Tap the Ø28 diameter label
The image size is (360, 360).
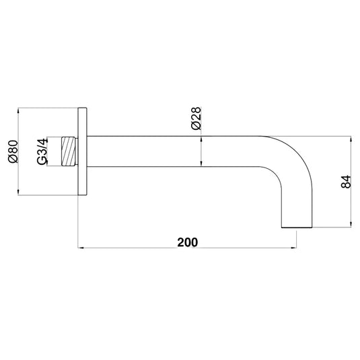[x=196, y=116]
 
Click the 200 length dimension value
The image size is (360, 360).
[x=188, y=241]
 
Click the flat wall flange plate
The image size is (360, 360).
[x=82, y=153]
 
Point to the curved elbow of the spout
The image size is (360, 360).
[x=296, y=161]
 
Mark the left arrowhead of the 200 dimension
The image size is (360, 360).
[x=83, y=248]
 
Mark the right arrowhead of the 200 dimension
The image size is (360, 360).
[x=293, y=248]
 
